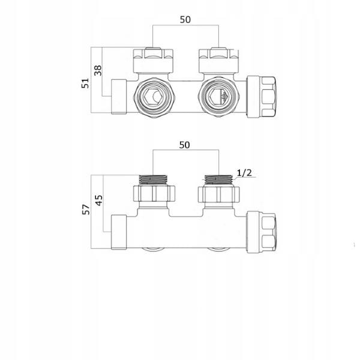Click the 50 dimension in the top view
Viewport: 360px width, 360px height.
(x=185, y=20)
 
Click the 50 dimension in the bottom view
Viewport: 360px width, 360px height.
(x=184, y=145)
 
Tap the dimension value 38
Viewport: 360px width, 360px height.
(x=98, y=70)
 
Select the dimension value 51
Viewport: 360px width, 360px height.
(x=85, y=83)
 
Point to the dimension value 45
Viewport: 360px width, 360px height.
(x=99, y=200)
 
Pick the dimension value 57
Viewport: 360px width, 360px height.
(x=86, y=209)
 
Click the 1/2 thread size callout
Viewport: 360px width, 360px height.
(x=244, y=173)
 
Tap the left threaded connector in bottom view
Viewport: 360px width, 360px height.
(x=153, y=179)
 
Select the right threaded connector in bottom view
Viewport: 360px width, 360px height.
(x=218, y=179)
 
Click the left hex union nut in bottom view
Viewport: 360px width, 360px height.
(x=154, y=194)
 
